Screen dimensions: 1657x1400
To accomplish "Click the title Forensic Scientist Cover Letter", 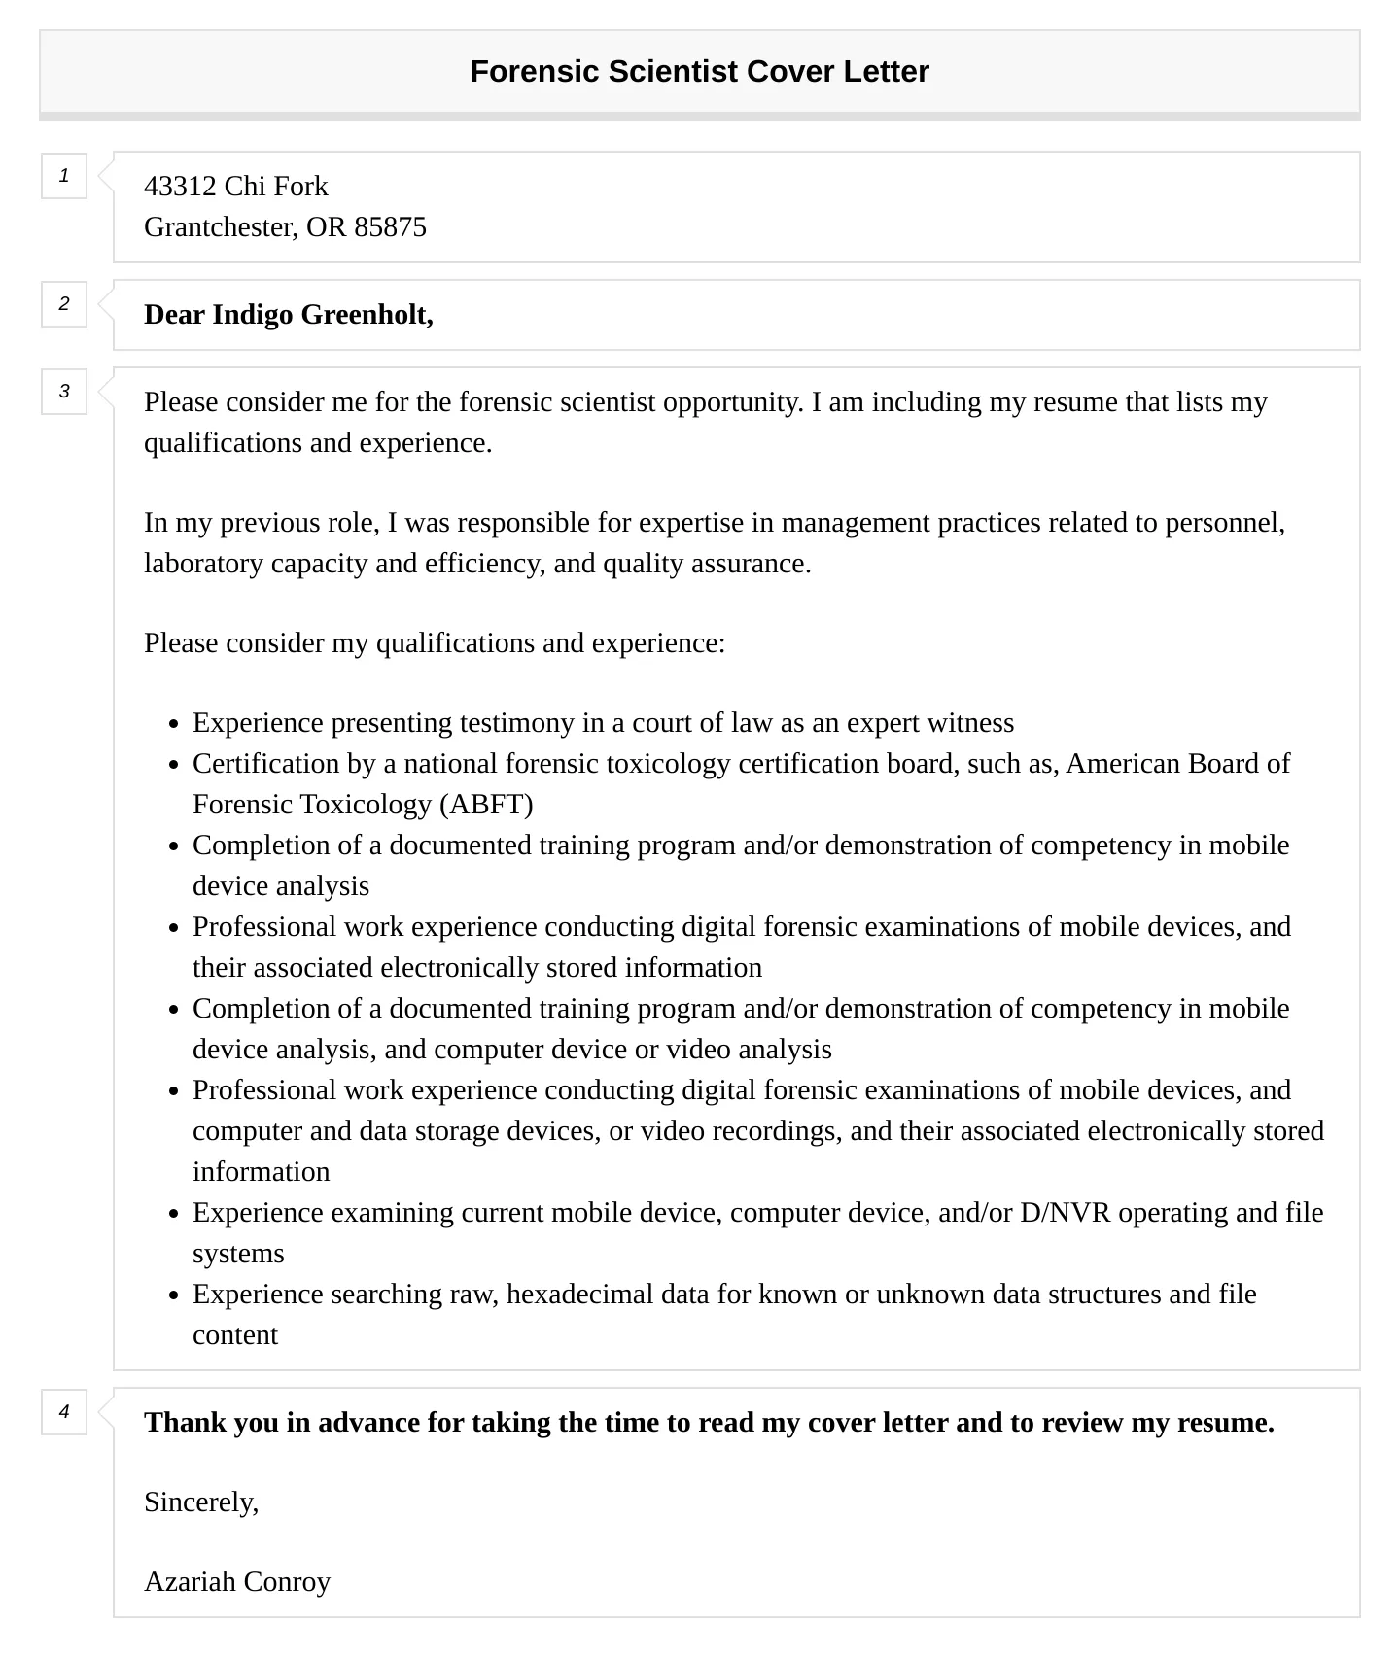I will click(699, 71).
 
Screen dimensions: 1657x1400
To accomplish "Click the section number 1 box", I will click(64, 176).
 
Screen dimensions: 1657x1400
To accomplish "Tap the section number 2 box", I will click(64, 304).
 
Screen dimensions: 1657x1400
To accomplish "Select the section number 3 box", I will click(64, 392).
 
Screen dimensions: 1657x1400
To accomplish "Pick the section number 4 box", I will click(64, 1412).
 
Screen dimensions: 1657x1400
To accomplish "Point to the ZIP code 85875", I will click(390, 226).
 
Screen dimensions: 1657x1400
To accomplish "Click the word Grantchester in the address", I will click(221, 226).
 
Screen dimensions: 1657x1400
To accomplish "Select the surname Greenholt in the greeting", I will click(367, 314).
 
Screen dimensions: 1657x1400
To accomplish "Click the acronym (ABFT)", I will click(486, 804).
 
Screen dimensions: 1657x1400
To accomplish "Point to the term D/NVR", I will click(1065, 1212).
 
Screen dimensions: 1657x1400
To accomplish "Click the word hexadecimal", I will click(579, 1294).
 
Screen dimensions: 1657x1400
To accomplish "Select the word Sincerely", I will click(200, 1502).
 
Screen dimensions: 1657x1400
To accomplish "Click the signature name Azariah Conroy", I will click(237, 1581).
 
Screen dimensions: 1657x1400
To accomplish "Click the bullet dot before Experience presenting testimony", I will click(174, 724).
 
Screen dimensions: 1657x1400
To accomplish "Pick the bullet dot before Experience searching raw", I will click(174, 1295).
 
